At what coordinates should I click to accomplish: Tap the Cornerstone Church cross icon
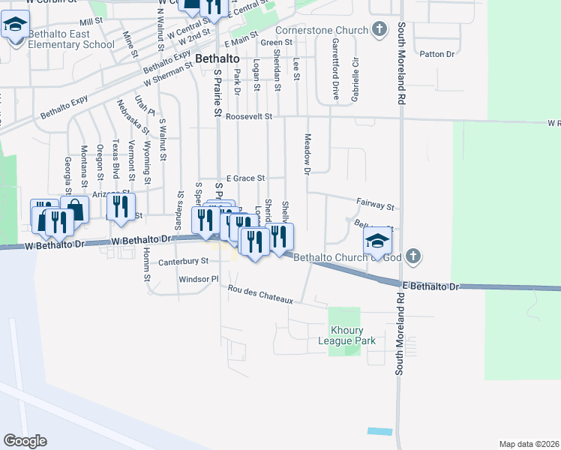[380, 30]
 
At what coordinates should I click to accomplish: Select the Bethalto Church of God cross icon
[412, 257]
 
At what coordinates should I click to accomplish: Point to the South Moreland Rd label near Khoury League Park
[400, 345]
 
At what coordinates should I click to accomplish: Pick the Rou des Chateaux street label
[259, 294]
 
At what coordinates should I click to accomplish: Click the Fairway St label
[376, 204]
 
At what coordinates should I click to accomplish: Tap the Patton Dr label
[438, 54]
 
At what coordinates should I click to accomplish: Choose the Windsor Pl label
[198, 279]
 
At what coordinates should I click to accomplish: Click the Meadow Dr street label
[307, 154]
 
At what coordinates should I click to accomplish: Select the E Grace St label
[245, 178]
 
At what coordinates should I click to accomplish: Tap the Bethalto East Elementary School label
[70, 40]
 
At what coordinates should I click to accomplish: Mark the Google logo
[25, 441]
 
